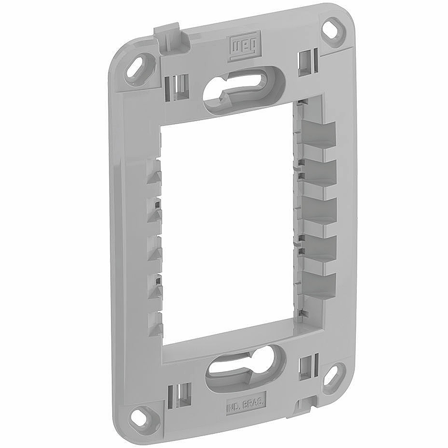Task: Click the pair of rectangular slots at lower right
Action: [x=309, y=365]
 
